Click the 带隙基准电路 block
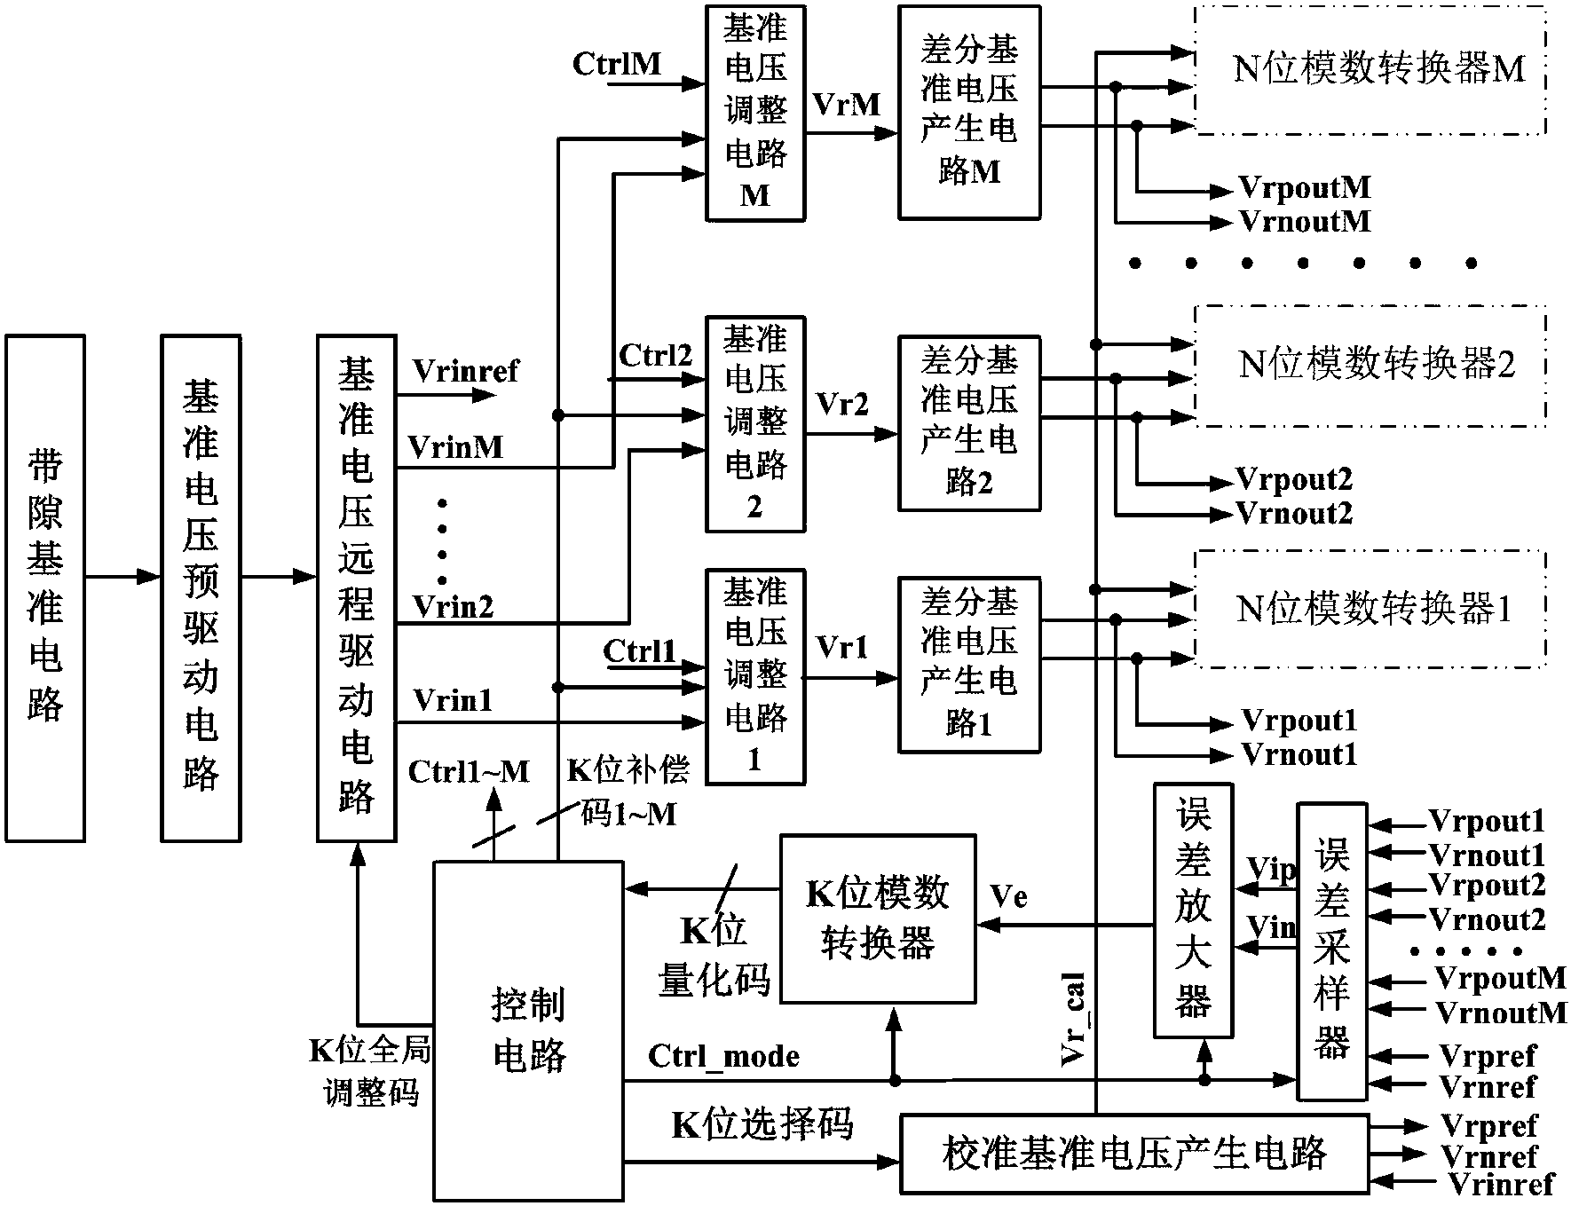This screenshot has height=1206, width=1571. pyautogui.click(x=45, y=587)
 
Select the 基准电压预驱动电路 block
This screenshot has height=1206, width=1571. pyautogui.click(x=201, y=587)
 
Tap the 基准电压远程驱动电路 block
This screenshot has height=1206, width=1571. pyautogui.click(x=356, y=587)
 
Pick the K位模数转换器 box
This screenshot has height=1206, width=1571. pyautogui.click(x=877, y=918)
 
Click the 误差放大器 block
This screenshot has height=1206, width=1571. pyautogui.click(x=1192, y=910)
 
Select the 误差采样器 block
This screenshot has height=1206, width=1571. pyautogui.click(x=1331, y=951)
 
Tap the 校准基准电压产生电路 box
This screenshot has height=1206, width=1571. pyautogui.click(x=1133, y=1153)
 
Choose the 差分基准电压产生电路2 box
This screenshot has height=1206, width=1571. pyautogui.click(x=968, y=422)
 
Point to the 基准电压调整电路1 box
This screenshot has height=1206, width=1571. pyautogui.click(x=754, y=676)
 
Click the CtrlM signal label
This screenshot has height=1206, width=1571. pyautogui.click(x=617, y=64)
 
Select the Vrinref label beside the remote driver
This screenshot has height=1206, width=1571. pyautogui.click(x=466, y=371)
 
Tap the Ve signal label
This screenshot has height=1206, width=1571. pyautogui.click(x=1008, y=897)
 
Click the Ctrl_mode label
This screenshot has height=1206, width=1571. pyautogui.click(x=723, y=1057)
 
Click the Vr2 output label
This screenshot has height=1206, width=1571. pyautogui.click(x=841, y=405)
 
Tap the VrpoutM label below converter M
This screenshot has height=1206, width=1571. pyautogui.click(x=1305, y=188)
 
